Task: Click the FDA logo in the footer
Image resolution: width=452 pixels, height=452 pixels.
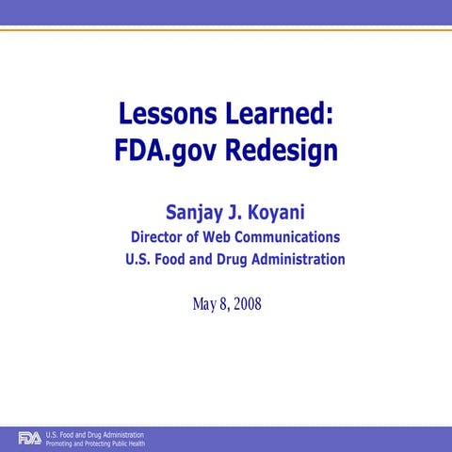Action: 29,438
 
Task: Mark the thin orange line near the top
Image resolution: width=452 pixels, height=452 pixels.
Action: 226,29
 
